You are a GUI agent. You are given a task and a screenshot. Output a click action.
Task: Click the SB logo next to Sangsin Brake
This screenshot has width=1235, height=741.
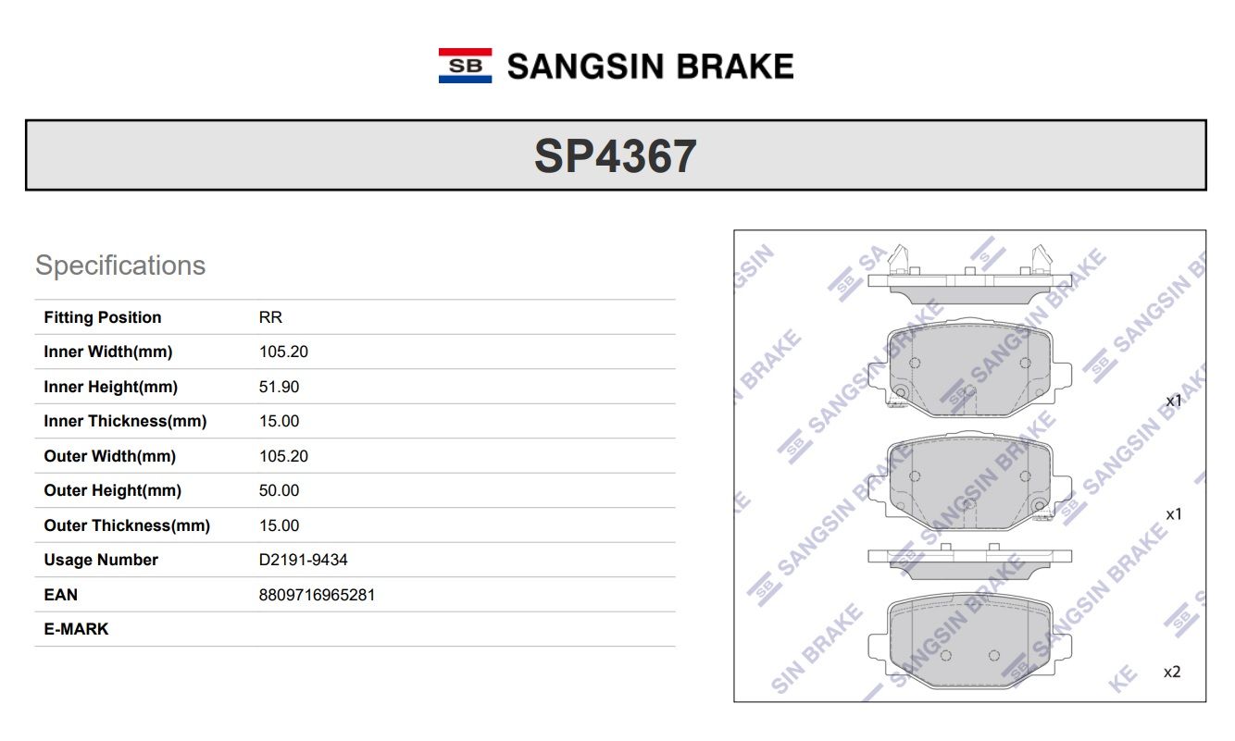[465, 66]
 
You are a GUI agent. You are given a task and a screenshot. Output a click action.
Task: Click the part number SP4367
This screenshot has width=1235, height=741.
[616, 156]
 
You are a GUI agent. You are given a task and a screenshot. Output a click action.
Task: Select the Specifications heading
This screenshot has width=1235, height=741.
[120, 266]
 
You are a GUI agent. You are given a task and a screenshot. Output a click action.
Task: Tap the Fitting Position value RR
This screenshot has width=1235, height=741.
[270, 317]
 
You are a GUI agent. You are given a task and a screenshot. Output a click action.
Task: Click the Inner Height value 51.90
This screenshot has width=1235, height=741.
[279, 387]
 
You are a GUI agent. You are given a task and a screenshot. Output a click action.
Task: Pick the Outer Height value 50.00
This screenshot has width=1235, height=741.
[279, 490]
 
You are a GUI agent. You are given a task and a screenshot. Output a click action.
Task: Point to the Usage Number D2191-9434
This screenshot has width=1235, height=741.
[304, 560]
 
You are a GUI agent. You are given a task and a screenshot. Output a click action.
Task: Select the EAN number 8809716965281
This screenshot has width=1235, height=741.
[317, 595]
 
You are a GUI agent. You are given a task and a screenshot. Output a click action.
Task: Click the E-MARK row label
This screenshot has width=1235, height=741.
[76, 629]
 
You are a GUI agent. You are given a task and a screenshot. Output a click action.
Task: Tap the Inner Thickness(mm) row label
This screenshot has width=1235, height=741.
[125, 421]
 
